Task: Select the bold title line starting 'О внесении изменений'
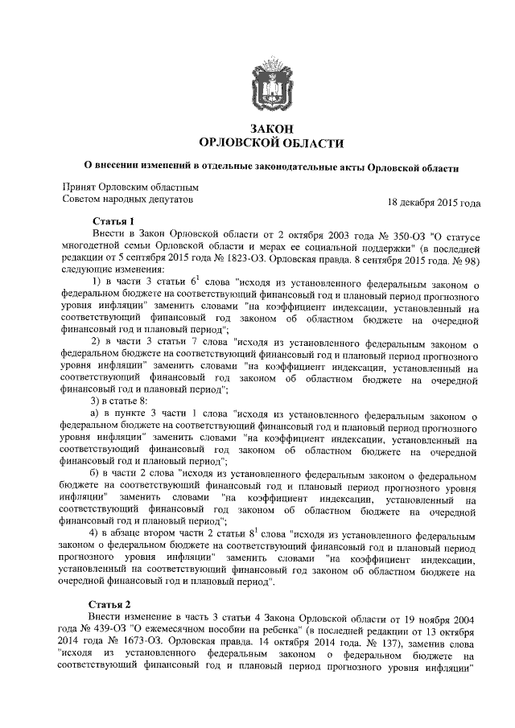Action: pyautogui.click(x=261, y=167)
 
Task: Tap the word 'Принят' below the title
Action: pyautogui.click(x=80, y=187)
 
